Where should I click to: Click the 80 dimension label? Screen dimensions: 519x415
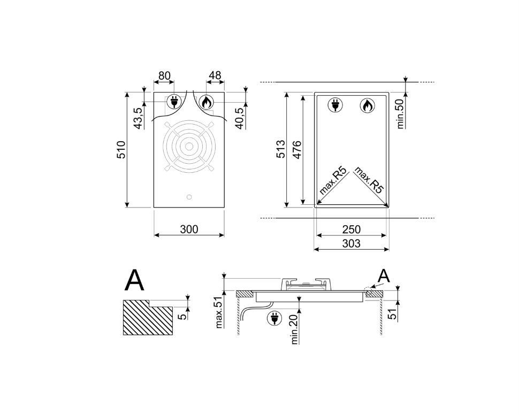coord(164,76)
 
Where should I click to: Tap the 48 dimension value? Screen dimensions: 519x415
coord(215,75)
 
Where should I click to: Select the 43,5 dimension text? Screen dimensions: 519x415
coord(138,118)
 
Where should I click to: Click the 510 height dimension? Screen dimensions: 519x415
coord(121,150)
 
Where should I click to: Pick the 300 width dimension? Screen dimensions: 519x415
coord(189,229)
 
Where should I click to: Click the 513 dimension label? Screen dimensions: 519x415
coord(281,149)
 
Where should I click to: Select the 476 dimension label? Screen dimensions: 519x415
coord(297,150)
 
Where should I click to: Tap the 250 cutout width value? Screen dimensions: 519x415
coord(352,229)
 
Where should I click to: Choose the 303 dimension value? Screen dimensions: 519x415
coord(351,243)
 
